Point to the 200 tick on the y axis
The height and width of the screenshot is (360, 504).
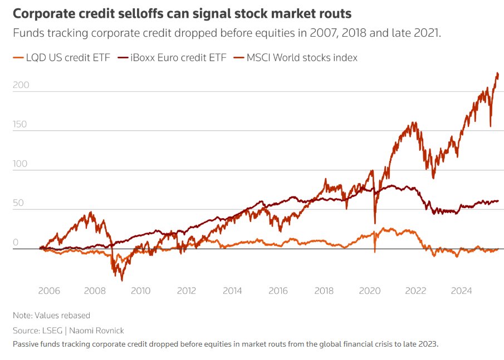(21, 86)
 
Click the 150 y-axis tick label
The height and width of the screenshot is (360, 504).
(21, 125)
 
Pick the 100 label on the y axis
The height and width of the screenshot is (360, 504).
(21, 164)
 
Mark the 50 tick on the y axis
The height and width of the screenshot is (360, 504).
(19, 204)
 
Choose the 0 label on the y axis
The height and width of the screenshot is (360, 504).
(16, 243)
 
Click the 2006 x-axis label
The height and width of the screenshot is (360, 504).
(49, 290)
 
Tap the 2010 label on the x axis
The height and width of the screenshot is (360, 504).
(140, 290)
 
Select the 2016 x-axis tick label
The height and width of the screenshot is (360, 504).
(278, 290)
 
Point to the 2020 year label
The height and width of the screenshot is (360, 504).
(370, 290)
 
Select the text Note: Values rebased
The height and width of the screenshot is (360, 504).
(51, 315)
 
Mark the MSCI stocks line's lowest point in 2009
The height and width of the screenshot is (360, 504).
(122, 280)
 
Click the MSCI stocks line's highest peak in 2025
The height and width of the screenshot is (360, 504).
(497, 73)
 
